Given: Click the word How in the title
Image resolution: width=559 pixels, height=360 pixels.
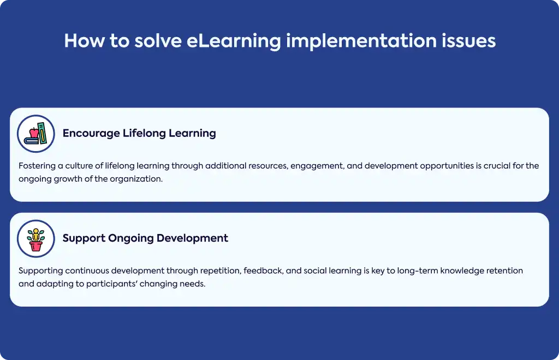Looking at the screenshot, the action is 84,40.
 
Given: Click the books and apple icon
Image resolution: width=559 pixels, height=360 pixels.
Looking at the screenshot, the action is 35,134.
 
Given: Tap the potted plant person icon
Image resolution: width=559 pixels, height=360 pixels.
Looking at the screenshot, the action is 35,238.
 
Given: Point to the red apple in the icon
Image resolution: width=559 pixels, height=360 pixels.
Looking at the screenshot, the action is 34,133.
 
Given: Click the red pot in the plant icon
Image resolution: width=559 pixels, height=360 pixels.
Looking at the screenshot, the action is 35,246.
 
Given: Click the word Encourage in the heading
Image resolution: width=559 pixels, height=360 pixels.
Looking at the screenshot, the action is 91,134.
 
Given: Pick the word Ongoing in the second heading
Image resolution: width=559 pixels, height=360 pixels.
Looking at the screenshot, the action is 130,238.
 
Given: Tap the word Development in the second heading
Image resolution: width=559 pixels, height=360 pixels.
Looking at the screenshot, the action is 192,238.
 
